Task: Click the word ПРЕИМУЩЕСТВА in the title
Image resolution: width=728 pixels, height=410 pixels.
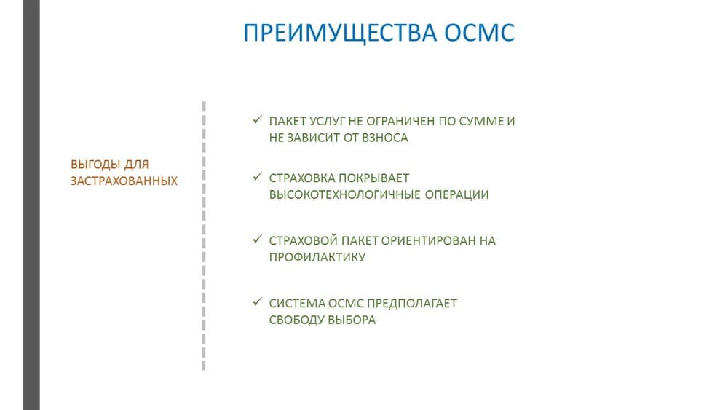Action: [340, 33]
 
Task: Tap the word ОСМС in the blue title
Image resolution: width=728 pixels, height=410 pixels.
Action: [480, 33]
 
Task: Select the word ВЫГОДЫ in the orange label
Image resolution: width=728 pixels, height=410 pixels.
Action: [90, 165]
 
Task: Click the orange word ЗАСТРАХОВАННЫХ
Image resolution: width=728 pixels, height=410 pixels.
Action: [124, 181]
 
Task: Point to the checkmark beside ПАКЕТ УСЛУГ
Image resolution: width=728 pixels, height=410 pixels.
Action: [258, 120]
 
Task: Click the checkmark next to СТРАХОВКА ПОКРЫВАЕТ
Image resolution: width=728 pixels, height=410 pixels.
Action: [258, 177]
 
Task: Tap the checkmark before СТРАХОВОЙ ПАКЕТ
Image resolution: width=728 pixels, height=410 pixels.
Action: [258, 240]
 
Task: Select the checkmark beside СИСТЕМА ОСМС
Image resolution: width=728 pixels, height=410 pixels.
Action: [258, 302]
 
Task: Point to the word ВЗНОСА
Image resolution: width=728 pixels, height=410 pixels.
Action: [385, 138]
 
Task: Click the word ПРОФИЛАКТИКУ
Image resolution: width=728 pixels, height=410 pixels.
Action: [317, 257]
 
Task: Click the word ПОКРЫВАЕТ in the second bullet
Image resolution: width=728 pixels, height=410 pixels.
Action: [373, 178]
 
